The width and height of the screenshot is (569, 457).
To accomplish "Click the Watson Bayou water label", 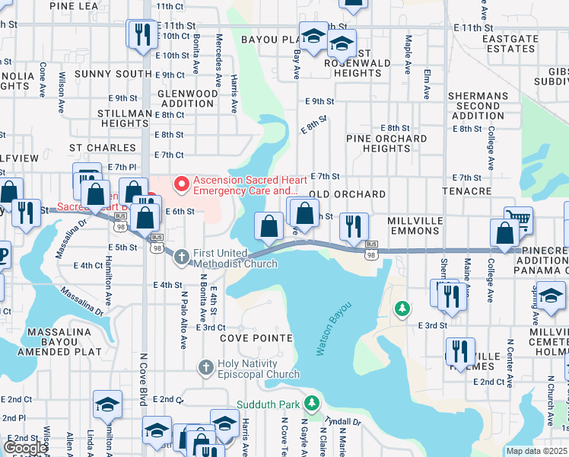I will coord(334,328).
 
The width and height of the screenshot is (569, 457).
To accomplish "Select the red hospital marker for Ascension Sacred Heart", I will coord(181,184).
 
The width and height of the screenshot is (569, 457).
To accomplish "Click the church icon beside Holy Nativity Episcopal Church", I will coord(205,368).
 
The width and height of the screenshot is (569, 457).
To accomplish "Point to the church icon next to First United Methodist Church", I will coord(181,257).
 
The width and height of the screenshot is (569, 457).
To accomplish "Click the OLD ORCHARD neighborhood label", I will coord(348,194).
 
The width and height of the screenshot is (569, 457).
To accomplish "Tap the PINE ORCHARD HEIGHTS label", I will coord(386,144).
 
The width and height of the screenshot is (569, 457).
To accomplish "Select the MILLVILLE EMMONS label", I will coord(421,226).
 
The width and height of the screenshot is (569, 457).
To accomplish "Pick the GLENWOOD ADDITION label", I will coord(186,98).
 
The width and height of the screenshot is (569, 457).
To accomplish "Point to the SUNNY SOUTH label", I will coord(113,74).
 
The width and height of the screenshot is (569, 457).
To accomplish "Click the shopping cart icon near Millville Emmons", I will coord(518,219).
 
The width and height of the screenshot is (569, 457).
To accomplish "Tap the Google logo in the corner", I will coord(25,448).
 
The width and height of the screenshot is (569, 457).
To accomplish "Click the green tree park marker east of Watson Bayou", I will coord(402,308).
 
